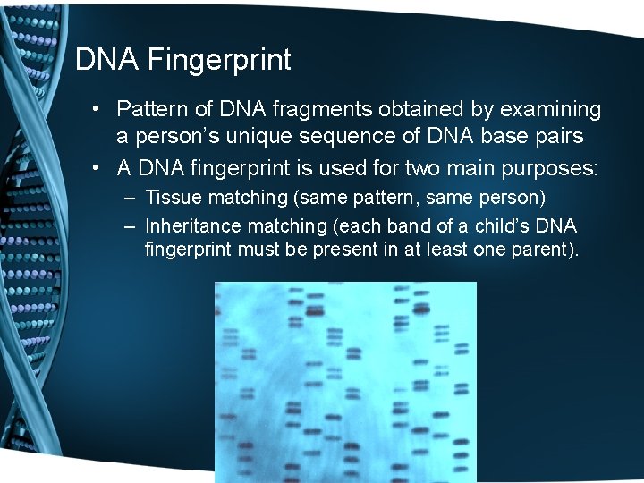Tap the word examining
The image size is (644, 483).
click(547, 110)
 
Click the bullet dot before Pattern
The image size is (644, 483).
click(105, 110)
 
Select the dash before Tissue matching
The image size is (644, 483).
click(131, 197)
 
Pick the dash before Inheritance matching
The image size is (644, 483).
click(131, 225)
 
